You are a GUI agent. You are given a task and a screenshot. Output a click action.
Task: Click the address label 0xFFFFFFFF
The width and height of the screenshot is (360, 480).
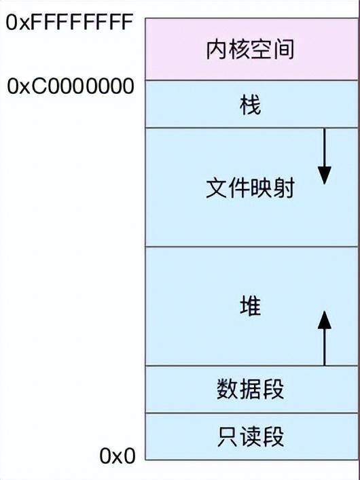tap(69, 22)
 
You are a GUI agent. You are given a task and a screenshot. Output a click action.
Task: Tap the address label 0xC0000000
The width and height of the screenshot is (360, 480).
tap(71, 86)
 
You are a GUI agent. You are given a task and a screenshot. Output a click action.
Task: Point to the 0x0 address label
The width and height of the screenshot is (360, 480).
tap(118, 456)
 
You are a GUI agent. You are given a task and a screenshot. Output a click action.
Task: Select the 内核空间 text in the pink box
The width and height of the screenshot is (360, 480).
tap(250, 49)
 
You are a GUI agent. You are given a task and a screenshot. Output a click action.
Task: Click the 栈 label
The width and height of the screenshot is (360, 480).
tap(250, 105)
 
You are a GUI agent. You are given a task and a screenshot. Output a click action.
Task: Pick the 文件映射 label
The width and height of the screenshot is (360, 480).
tap(250, 188)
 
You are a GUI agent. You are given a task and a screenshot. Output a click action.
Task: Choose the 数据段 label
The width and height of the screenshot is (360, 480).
tap(251, 389)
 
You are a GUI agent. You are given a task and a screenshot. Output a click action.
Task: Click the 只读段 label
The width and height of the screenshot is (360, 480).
tap(251, 436)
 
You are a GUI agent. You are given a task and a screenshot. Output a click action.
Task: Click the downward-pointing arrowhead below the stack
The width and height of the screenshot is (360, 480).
tap(325, 175)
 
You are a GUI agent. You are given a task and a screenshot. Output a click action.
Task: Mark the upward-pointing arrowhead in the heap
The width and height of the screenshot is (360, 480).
tap(325, 320)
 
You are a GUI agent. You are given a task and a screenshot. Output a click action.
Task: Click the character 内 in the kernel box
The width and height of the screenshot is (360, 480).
tap(217, 49)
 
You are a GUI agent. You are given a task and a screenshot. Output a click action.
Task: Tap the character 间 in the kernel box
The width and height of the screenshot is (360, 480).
tap(284, 49)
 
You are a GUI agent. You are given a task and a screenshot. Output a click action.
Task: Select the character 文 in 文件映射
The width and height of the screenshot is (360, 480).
tap(217, 188)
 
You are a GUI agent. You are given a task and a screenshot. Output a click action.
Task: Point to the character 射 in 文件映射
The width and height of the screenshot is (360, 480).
tap(284, 188)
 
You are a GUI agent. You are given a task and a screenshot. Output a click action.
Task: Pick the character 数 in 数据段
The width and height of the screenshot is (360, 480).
tap(228, 389)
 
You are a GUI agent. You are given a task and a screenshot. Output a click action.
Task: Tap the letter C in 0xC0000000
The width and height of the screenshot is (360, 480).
tap(40, 86)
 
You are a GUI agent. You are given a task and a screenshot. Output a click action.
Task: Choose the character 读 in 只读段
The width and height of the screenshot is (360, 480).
tap(251, 436)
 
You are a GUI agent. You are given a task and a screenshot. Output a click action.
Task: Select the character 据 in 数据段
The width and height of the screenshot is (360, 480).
tap(251, 389)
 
